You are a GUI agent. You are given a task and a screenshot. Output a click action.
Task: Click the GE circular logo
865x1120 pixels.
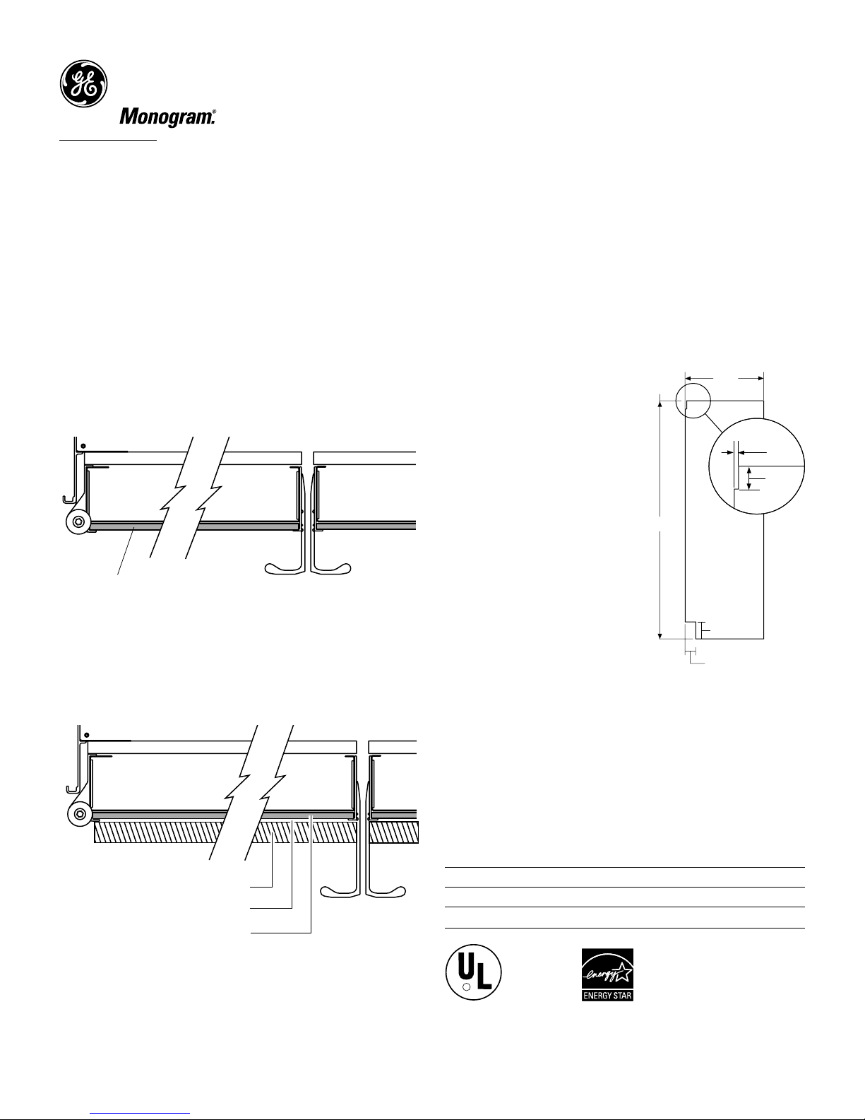coord(84,83)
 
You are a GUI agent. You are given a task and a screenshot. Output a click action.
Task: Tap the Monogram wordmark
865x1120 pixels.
coord(166,117)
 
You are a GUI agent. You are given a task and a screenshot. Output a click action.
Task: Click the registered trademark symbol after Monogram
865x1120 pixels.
coord(214,112)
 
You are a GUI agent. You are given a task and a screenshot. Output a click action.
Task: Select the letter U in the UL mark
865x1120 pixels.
coord(465,967)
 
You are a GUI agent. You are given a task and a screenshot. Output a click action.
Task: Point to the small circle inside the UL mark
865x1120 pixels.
coord(466,987)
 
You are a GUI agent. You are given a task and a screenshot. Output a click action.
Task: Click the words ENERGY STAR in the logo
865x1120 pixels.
coord(607,995)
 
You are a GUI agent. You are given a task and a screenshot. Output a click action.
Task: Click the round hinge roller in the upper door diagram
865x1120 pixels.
coord(78,522)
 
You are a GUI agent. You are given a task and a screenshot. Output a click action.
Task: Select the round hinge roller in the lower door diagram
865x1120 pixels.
coord(80,814)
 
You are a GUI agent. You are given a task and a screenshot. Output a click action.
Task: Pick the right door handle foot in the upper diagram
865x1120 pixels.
coord(332,569)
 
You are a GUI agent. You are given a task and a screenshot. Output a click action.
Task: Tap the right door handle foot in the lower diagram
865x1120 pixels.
coord(386,891)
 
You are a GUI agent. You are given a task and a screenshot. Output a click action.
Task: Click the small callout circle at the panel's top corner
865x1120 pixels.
coord(693,401)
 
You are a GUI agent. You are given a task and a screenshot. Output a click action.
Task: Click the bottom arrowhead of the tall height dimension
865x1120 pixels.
coord(660,635)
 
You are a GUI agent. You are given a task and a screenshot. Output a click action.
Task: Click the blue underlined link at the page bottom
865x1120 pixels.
coord(140,1111)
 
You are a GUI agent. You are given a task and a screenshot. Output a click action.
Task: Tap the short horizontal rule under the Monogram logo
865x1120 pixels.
coord(108,140)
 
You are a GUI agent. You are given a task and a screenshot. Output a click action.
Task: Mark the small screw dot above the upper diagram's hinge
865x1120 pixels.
coord(83,446)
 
